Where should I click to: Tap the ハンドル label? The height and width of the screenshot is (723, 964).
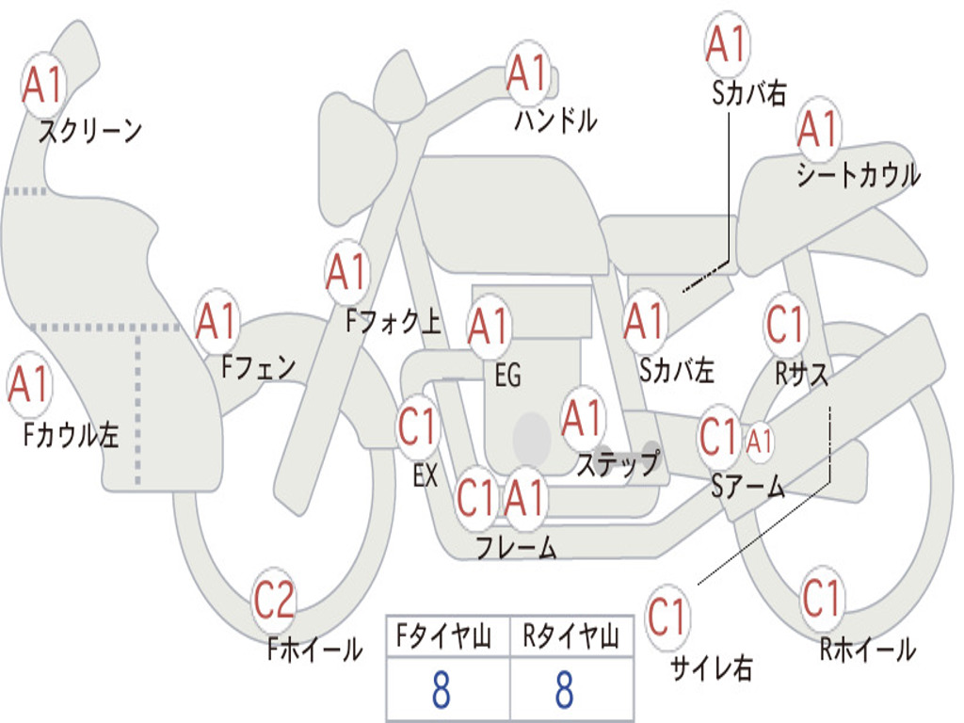coord(556,120)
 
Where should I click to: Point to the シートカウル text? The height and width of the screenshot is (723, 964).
coord(858,175)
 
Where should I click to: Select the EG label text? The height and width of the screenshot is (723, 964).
coord(507,376)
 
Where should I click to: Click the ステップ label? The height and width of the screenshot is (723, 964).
coord(618,464)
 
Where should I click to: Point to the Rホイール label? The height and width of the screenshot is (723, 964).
coord(868,649)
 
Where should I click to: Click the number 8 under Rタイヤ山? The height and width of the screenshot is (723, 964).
coord(565,690)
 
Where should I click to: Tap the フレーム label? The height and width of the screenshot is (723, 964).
coord(516,547)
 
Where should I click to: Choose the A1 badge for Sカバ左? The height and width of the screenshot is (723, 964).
coord(646,323)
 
